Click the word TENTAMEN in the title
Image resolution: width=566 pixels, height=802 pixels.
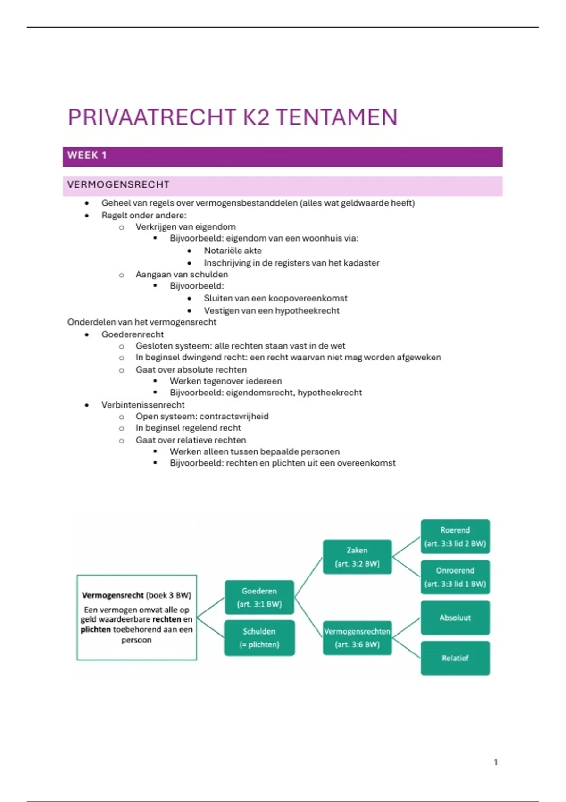click(336, 117)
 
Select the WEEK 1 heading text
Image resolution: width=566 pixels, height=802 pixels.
click(87, 155)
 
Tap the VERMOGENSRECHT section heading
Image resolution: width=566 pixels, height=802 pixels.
click(118, 185)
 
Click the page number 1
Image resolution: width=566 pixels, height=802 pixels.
click(495, 762)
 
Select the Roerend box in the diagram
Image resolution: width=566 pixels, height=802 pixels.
click(455, 536)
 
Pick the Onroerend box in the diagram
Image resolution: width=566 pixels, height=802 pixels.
click(455, 577)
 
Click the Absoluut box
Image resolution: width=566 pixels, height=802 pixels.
click(455, 618)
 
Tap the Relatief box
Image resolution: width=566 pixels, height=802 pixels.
click(455, 658)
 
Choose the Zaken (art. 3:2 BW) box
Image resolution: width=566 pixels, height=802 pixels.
click(357, 557)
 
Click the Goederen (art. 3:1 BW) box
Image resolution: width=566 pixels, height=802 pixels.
click(259, 597)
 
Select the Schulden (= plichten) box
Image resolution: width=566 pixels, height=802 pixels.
click(259, 638)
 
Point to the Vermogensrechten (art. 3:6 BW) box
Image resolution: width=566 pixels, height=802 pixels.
click(357, 638)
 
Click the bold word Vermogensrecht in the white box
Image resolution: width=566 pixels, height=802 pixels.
click(112, 595)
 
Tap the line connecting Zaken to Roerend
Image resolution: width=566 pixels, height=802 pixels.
click(406, 547)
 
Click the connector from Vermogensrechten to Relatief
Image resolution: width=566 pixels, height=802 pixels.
click(406, 648)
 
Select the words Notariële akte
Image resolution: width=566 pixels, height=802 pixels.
click(233, 251)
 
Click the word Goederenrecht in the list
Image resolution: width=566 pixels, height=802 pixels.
click(133, 334)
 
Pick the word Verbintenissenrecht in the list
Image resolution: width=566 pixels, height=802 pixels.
click(143, 405)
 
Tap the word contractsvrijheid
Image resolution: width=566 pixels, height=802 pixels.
click(234, 417)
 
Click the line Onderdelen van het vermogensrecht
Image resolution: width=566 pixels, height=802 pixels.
click(141, 322)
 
